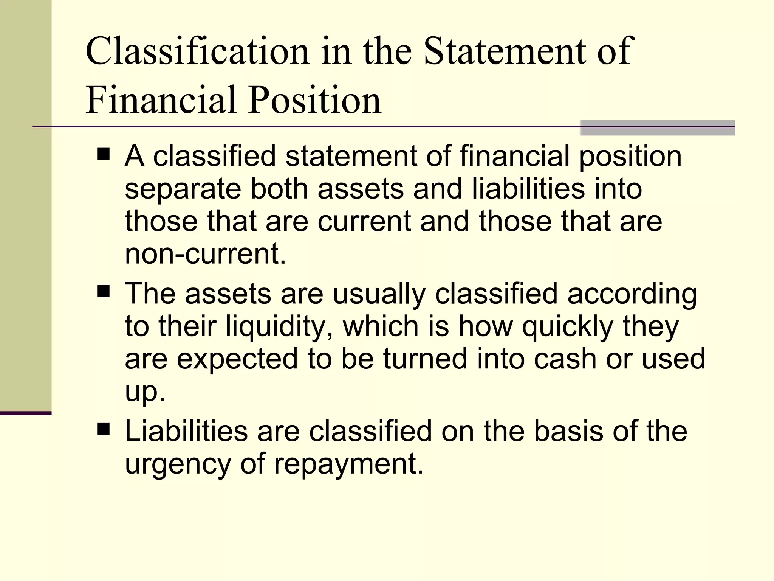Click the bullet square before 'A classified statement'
tap(103, 154)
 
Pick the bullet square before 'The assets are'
tap(103, 292)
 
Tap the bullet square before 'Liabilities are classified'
tap(103, 429)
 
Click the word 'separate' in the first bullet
tap(183, 189)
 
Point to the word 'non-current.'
tap(205, 254)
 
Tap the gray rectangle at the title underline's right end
tap(657, 128)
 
